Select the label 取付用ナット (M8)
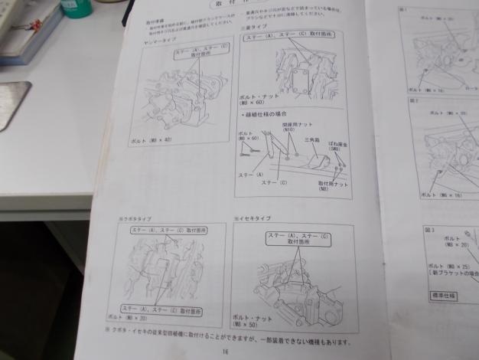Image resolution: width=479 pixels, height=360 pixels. point(334,186)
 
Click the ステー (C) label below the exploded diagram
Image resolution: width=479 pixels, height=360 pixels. point(273,183)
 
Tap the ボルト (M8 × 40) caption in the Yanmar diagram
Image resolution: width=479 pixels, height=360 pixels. point(153,140)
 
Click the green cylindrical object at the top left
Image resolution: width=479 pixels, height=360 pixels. point(76,7)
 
